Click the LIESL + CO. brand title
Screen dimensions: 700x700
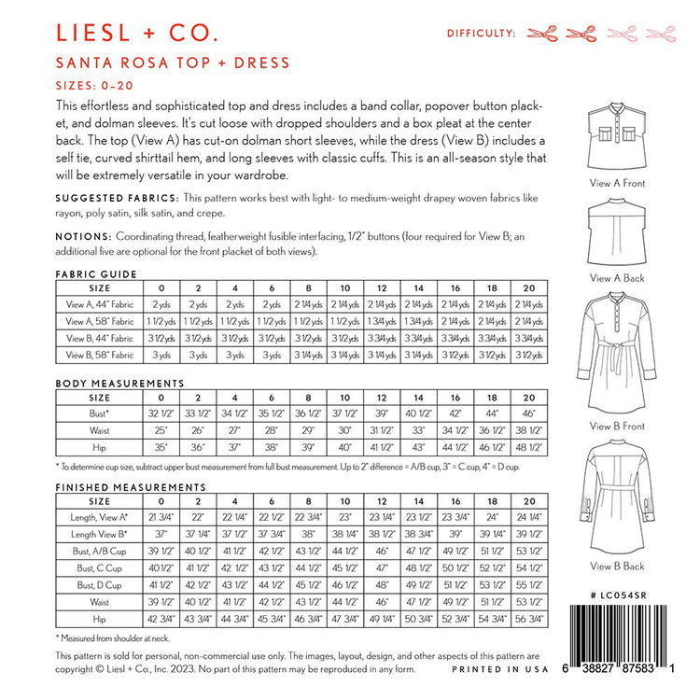[137, 35]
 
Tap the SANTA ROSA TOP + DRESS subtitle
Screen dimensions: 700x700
[174, 63]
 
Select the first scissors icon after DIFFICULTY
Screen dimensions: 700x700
[542, 34]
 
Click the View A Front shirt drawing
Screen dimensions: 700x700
[617, 138]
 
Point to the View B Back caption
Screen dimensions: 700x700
[618, 566]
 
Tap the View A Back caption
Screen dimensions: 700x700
[618, 278]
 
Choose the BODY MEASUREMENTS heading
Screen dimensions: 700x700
[106, 384]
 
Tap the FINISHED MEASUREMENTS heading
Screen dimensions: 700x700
[117, 487]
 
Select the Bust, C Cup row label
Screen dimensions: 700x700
[91, 567]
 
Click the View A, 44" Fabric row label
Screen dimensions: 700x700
[91, 305]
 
